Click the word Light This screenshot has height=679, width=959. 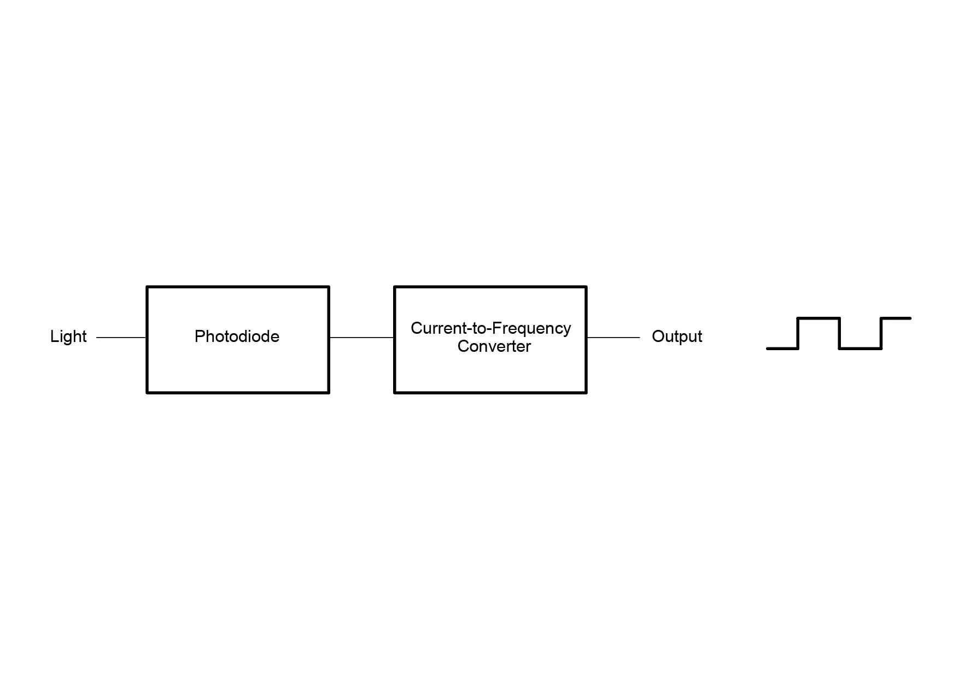(68, 336)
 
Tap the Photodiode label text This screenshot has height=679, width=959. (237, 336)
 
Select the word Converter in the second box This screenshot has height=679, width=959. (494, 346)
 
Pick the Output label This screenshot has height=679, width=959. (677, 336)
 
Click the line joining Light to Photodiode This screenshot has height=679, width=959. (121, 338)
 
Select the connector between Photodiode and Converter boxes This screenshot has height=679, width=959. (361, 338)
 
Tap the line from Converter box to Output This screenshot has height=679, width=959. (613, 338)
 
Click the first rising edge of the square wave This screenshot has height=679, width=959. (798, 333)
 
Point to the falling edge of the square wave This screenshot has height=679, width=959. (840, 333)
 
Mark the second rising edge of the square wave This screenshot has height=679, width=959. (881, 333)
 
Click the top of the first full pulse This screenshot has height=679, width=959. (819, 318)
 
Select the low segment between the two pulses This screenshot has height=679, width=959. (861, 349)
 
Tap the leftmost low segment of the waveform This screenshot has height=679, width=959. (782, 349)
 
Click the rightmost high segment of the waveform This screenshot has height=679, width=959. (896, 318)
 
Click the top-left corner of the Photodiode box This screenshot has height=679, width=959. (147, 287)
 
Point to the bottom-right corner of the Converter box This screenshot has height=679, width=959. (586, 392)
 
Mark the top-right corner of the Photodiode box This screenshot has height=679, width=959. (329, 287)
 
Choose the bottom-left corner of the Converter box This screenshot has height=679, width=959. (395, 392)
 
